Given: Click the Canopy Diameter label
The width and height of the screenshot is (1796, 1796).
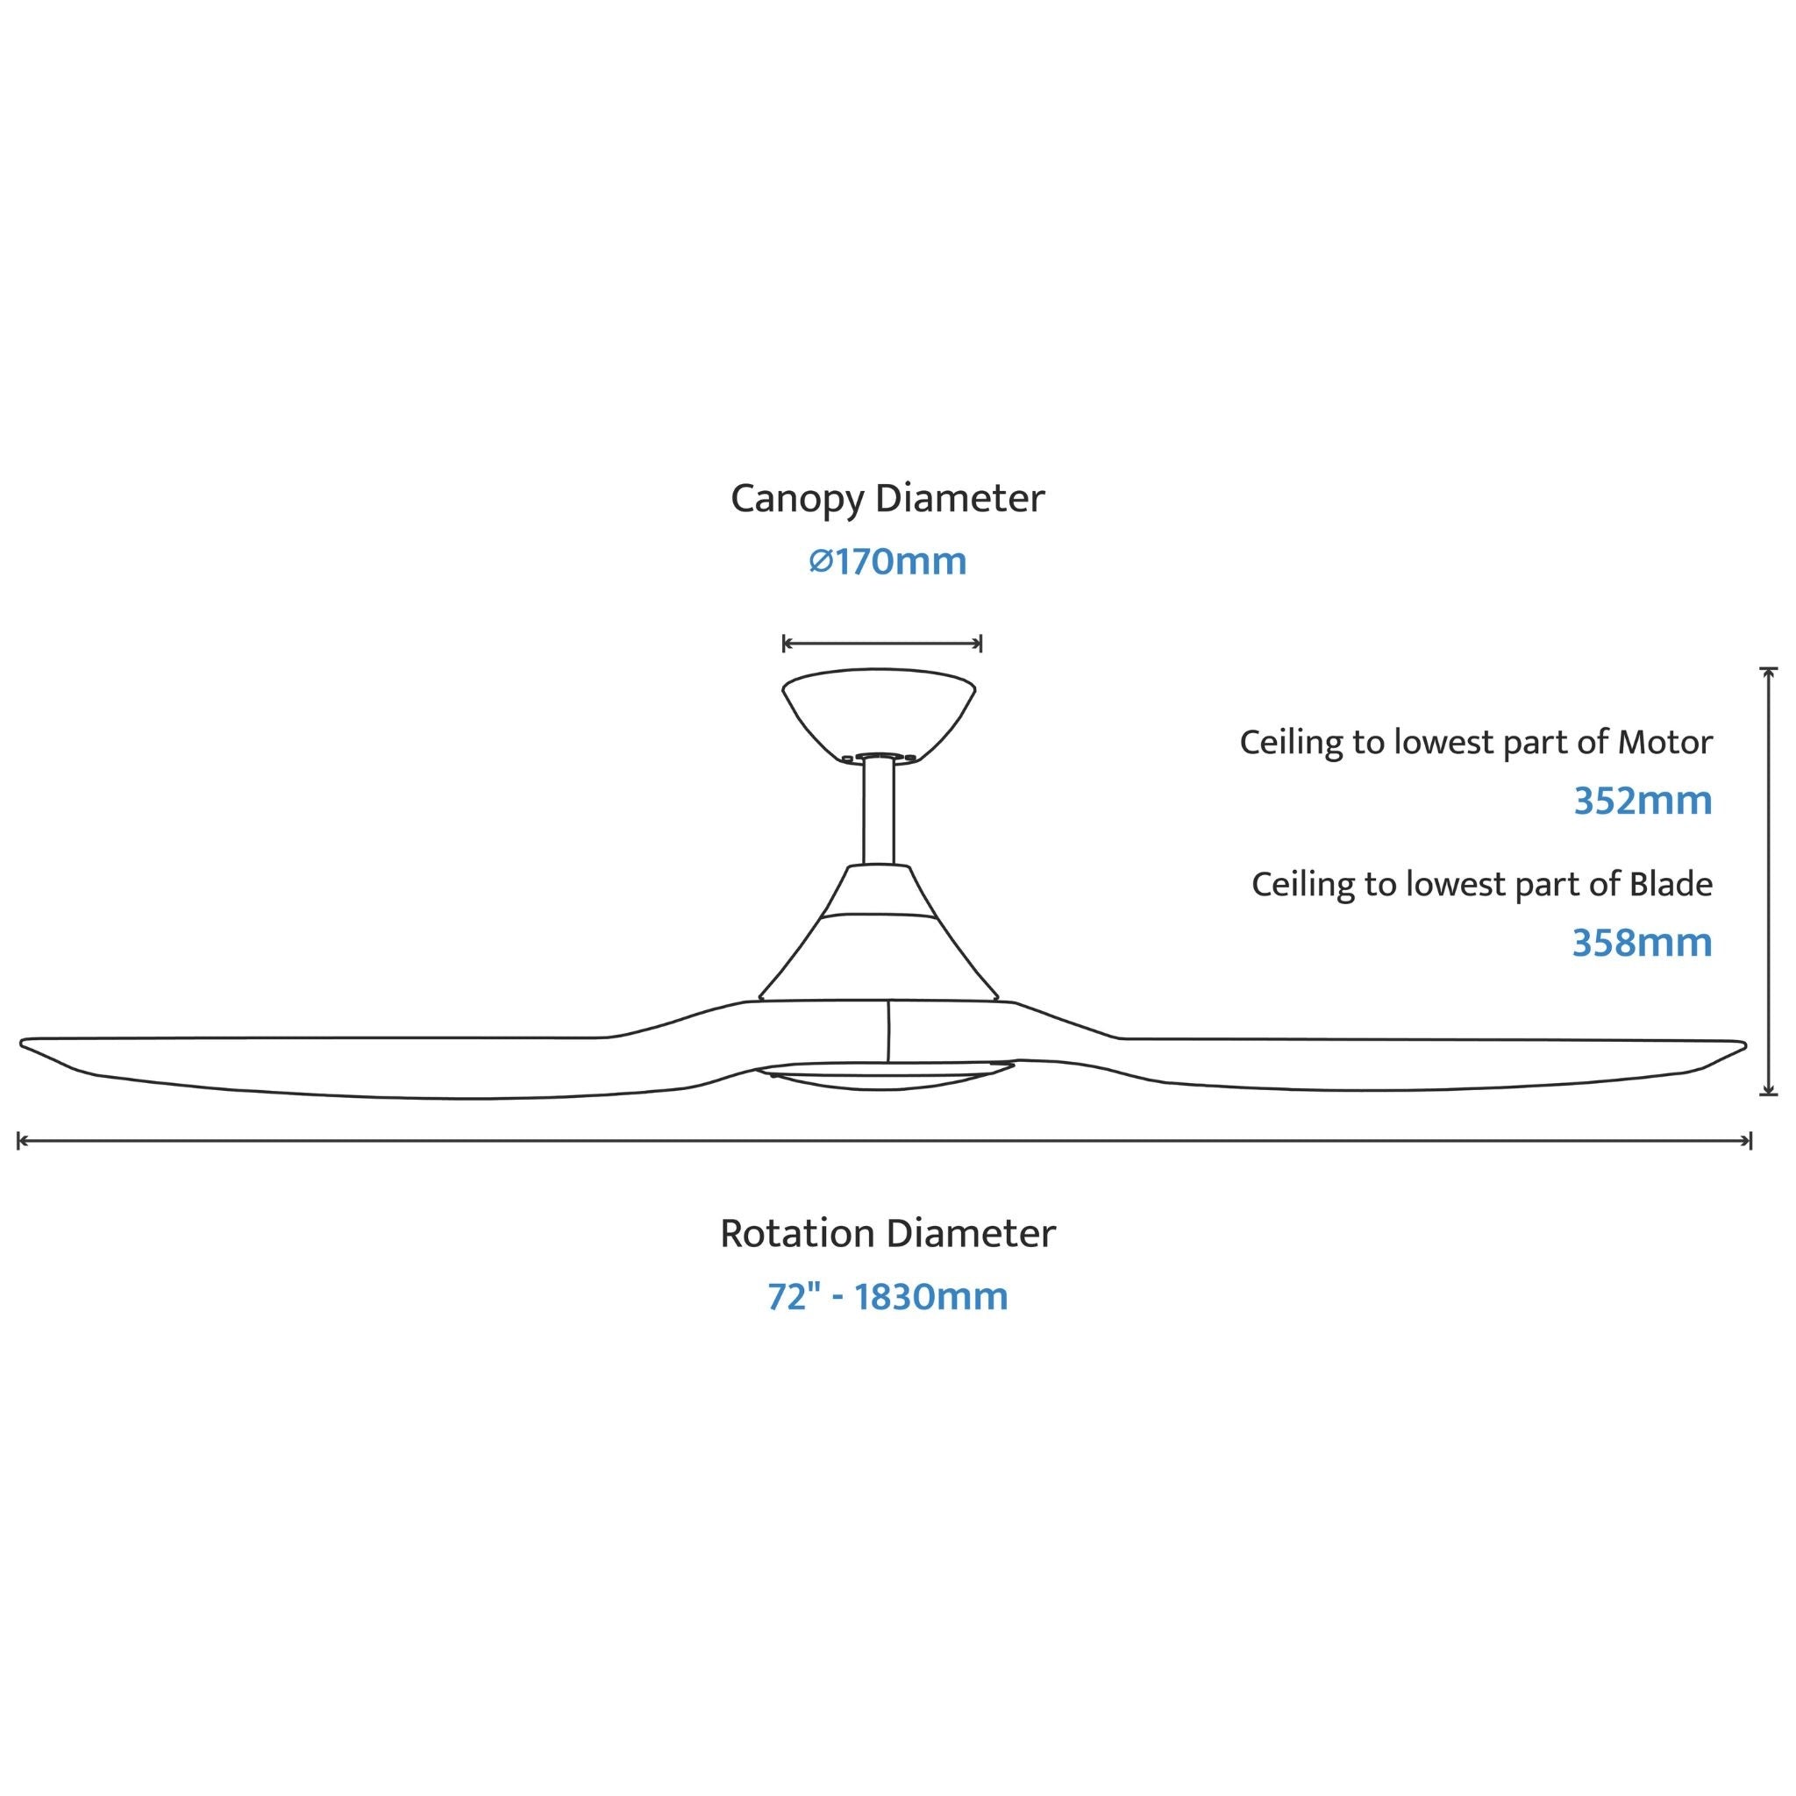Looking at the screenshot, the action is [887, 500].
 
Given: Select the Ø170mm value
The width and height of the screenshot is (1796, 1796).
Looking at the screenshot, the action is [887, 561].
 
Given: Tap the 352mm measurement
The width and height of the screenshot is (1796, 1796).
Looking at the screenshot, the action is [1643, 802].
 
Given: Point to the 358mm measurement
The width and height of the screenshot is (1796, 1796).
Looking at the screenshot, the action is [1642, 943].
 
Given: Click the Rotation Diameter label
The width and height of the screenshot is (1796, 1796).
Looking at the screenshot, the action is [887, 1235].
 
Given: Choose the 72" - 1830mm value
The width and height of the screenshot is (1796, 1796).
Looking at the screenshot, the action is [887, 1297].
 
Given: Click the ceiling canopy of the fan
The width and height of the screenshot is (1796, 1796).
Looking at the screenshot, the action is [879, 714].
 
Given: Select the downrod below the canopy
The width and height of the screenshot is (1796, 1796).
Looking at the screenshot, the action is [879, 811].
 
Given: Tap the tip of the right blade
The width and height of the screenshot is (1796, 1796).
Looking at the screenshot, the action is [1744, 1044].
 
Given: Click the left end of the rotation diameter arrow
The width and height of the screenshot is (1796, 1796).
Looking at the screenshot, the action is [18, 1141].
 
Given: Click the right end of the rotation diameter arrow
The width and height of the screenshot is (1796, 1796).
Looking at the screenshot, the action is [1751, 1141].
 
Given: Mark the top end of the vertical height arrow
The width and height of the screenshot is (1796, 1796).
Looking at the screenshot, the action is [1769, 668].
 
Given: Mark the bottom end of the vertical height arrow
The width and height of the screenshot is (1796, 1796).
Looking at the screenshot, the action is [1769, 1094].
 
